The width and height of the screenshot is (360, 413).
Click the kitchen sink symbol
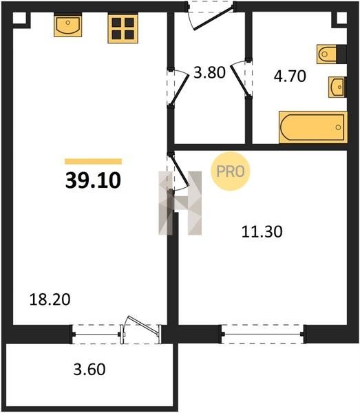68,25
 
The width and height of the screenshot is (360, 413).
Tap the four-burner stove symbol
123,29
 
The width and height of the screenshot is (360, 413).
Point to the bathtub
313,127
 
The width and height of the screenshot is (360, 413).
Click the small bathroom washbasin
337,87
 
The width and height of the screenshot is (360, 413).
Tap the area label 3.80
209,73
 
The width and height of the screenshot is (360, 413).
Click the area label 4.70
290,76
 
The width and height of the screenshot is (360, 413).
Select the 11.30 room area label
262,232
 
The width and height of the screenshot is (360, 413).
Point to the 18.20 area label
50,299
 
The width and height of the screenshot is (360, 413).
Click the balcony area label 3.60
89,369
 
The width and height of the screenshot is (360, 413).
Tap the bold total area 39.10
93,180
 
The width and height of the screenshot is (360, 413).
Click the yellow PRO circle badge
230,171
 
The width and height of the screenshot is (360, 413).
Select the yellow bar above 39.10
93,162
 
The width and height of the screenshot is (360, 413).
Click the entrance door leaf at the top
213,19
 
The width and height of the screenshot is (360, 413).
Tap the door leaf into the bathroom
240,81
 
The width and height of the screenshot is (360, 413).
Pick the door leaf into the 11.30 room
180,170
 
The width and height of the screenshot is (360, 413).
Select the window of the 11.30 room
263,335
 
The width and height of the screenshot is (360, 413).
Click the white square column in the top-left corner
19,19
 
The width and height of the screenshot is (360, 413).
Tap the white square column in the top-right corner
341,18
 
